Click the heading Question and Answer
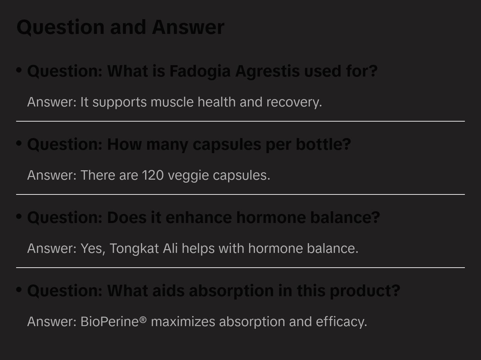(120, 27)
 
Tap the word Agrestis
(267, 71)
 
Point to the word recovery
(294, 102)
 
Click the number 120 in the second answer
(152, 175)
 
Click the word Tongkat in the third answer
(134, 249)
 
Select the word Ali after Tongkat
(170, 249)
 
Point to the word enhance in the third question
(199, 218)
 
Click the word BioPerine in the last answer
(110, 322)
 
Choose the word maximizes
(183, 322)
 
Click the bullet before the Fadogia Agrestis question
(19, 70)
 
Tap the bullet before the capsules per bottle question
(19, 143)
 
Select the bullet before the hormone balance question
(19, 217)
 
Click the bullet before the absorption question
(19, 290)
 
